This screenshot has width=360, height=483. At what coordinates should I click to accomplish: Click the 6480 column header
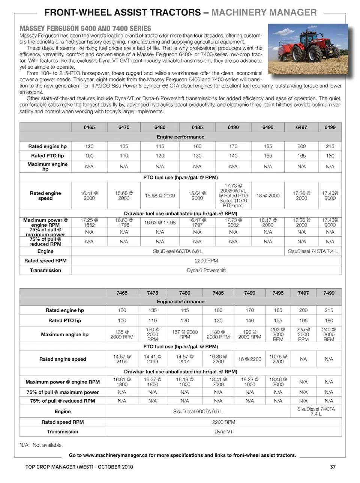pyautogui.click(x=160, y=127)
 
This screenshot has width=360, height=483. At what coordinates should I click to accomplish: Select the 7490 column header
pyautogui.click(x=250, y=293)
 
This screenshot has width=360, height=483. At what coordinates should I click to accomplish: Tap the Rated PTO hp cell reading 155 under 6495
pyautogui.click(x=268, y=156)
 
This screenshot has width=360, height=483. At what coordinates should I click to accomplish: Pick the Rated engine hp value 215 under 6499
pyautogui.click(x=330, y=146)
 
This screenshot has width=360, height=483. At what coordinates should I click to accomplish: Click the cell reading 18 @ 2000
pyautogui.click(x=268, y=196)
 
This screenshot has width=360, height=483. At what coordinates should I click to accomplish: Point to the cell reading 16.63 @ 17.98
pyautogui.click(x=160, y=223)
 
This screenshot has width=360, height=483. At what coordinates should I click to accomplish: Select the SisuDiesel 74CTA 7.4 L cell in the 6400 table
pyautogui.click(x=313, y=251)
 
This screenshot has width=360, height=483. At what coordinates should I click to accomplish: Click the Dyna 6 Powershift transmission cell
pyautogui.click(x=206, y=270)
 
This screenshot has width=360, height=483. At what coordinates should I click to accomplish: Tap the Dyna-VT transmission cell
pyautogui.click(x=223, y=432)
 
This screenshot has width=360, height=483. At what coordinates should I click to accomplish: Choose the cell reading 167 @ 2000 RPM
pyautogui.click(x=184, y=334)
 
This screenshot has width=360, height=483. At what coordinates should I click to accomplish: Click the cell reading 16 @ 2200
pyautogui.click(x=250, y=359)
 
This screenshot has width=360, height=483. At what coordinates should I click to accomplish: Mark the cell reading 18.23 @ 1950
pyautogui.click(x=250, y=382)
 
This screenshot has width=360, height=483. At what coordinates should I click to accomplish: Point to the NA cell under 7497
pyautogui.click(x=303, y=359)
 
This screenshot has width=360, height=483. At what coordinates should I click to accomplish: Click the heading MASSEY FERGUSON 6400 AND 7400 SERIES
pyautogui.click(x=85, y=29)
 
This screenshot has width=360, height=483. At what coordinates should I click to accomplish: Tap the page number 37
pyautogui.click(x=333, y=467)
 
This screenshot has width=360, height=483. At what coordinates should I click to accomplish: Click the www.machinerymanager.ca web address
pyautogui.click(x=115, y=455)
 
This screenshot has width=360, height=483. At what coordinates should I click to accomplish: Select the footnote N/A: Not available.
pyautogui.click(x=41, y=445)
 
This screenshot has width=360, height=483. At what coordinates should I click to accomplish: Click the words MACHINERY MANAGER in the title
pyautogui.click(x=264, y=12)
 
